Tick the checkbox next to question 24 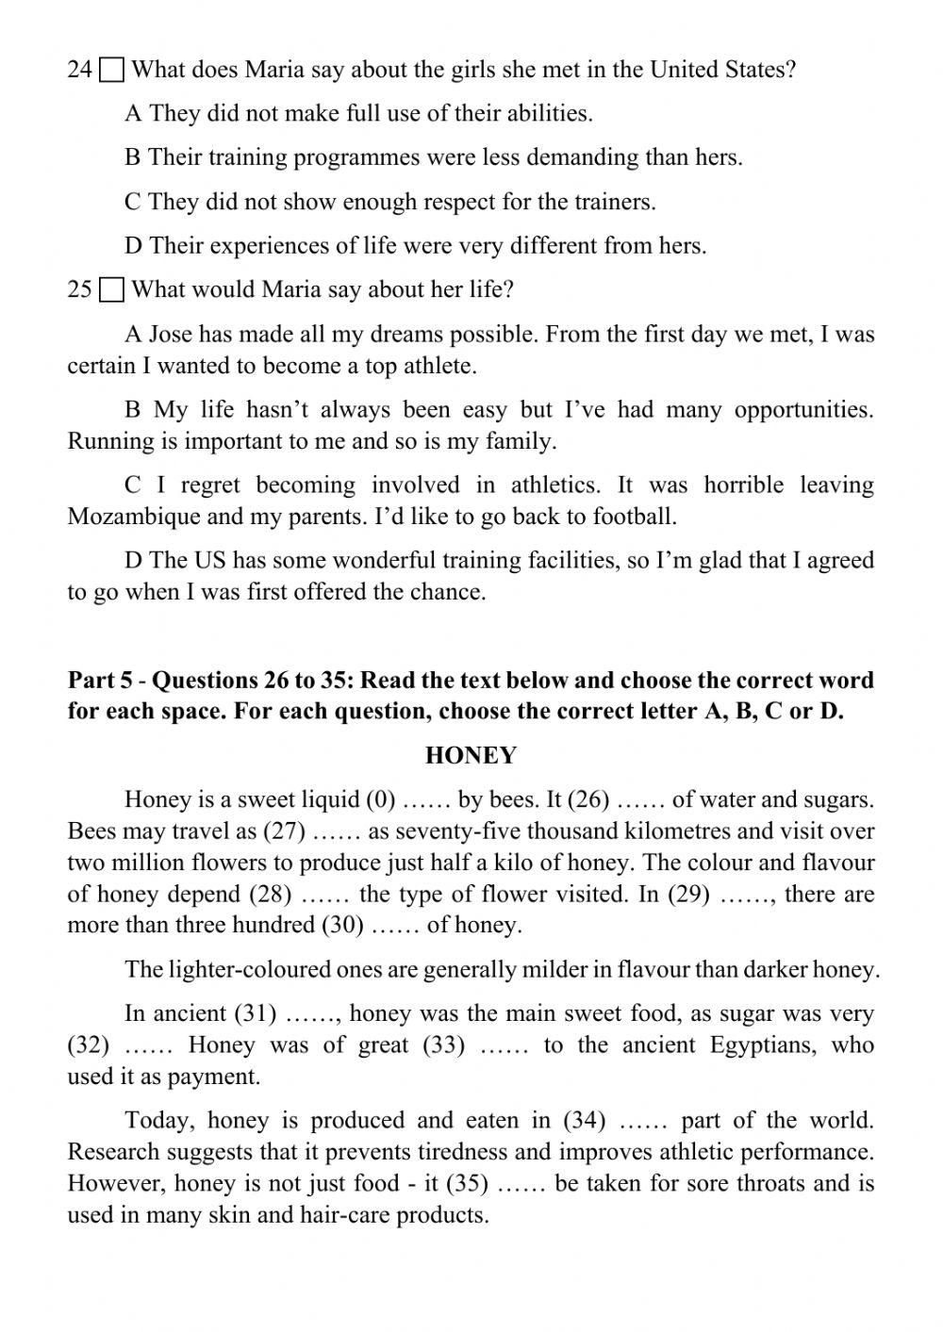[x=111, y=71]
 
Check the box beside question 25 [x=111, y=290]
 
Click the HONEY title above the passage [x=471, y=755]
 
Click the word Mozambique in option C [x=134, y=517]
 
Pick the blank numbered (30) [x=343, y=926]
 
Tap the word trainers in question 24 [x=614, y=203]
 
